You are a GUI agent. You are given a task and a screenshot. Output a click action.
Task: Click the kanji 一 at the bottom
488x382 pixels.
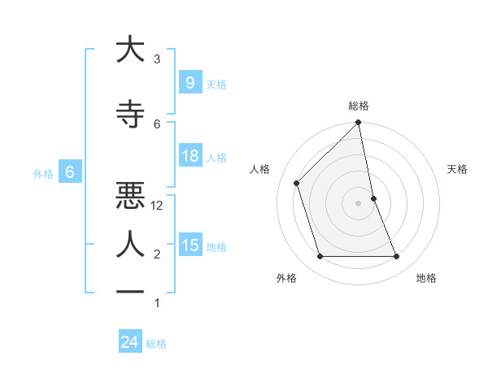[x=129, y=292]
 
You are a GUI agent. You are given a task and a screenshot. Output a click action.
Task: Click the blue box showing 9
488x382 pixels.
[x=190, y=82]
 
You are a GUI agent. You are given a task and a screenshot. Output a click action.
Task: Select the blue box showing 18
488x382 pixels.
[x=190, y=156]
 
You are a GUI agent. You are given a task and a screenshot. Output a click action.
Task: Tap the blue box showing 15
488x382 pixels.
[x=190, y=245]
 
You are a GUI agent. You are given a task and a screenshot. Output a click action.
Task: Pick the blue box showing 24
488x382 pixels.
[x=129, y=342]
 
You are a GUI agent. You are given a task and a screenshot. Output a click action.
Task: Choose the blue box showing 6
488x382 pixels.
[x=70, y=172]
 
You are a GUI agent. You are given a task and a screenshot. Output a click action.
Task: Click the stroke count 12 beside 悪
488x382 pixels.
[x=158, y=206]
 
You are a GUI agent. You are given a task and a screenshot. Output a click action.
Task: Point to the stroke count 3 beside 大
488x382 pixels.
[x=157, y=59]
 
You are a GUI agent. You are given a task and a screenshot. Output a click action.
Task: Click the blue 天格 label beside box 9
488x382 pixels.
[x=216, y=84]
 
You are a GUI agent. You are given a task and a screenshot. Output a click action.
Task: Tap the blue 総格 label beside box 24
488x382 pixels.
[x=156, y=344]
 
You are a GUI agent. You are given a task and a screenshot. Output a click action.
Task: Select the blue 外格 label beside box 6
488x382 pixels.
[x=43, y=173]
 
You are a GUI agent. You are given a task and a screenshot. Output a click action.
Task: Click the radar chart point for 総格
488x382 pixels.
[x=358, y=124]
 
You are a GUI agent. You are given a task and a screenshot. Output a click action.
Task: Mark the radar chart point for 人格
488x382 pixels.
[x=297, y=183]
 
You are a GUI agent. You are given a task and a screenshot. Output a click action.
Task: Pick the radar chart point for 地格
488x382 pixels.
[x=397, y=257]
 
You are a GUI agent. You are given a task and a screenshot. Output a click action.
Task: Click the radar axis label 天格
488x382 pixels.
[x=457, y=169]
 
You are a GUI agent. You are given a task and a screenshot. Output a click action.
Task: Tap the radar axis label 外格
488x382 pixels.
[x=286, y=278]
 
